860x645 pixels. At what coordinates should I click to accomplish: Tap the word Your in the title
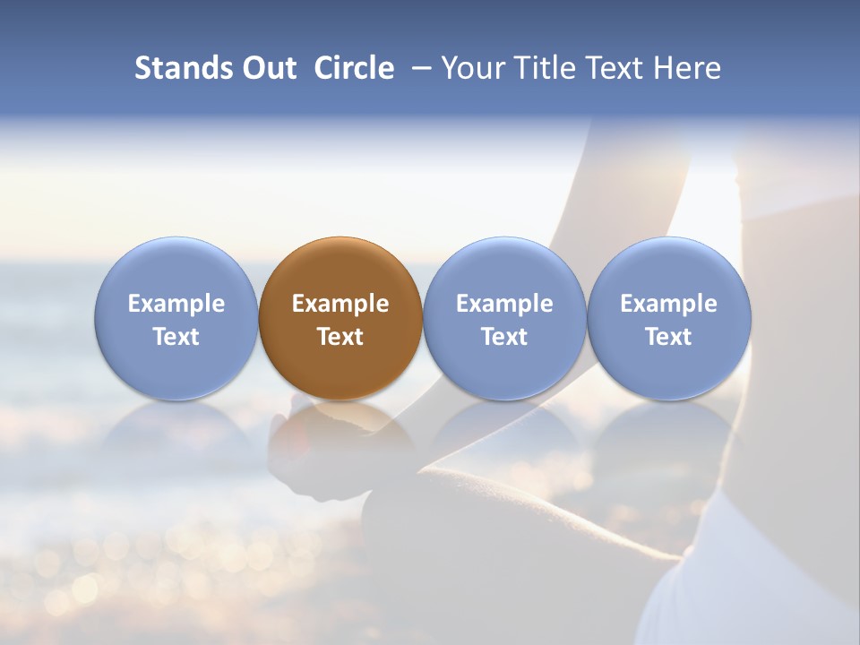(x=471, y=68)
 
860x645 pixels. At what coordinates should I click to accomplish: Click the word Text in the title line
(x=612, y=68)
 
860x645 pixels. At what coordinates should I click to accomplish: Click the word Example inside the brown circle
(x=340, y=305)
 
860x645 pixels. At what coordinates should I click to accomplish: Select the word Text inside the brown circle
(x=340, y=337)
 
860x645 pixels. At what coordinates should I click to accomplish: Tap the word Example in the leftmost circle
(x=176, y=305)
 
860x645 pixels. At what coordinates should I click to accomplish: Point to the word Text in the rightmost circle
(x=668, y=337)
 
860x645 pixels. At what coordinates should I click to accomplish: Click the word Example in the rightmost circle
(x=668, y=305)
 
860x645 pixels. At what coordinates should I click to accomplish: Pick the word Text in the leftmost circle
(x=176, y=337)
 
